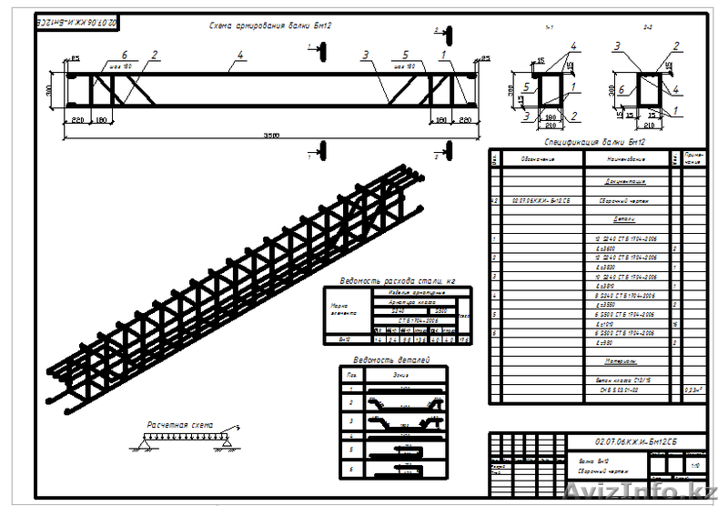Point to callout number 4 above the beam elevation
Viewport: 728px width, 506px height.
(x=239, y=55)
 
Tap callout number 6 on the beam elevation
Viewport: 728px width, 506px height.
(x=125, y=55)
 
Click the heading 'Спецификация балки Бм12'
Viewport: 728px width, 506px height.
(x=595, y=142)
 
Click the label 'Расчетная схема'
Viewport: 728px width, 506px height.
(x=178, y=424)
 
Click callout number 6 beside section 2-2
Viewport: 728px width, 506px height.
(x=622, y=90)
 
